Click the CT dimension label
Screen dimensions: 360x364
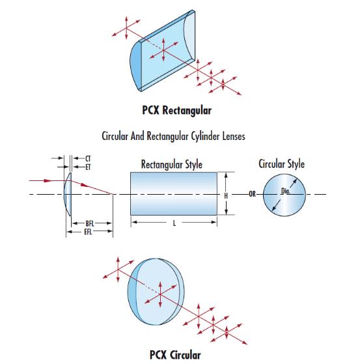(x=88, y=159)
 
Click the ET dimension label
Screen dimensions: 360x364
(x=88, y=167)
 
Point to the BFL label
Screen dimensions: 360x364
(x=90, y=223)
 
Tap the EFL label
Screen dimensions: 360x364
(x=88, y=231)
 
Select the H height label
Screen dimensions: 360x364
(x=226, y=196)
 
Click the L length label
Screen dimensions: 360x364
(x=174, y=223)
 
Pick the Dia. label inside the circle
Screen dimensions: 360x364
(x=286, y=191)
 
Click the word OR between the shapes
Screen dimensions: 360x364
(x=253, y=194)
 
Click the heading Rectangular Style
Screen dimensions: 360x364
(x=172, y=165)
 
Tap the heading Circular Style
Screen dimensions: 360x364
(x=281, y=163)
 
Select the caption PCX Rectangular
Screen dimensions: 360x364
(x=177, y=110)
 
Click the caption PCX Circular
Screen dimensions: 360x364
(x=175, y=355)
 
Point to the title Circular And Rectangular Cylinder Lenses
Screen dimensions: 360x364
(x=173, y=136)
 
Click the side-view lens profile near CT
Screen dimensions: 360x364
(x=68, y=195)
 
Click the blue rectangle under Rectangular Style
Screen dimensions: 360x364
(x=174, y=193)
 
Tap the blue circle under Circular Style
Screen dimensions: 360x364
(x=284, y=195)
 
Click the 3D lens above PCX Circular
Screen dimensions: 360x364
(x=156, y=292)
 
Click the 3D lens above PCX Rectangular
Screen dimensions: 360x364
(x=163, y=51)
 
